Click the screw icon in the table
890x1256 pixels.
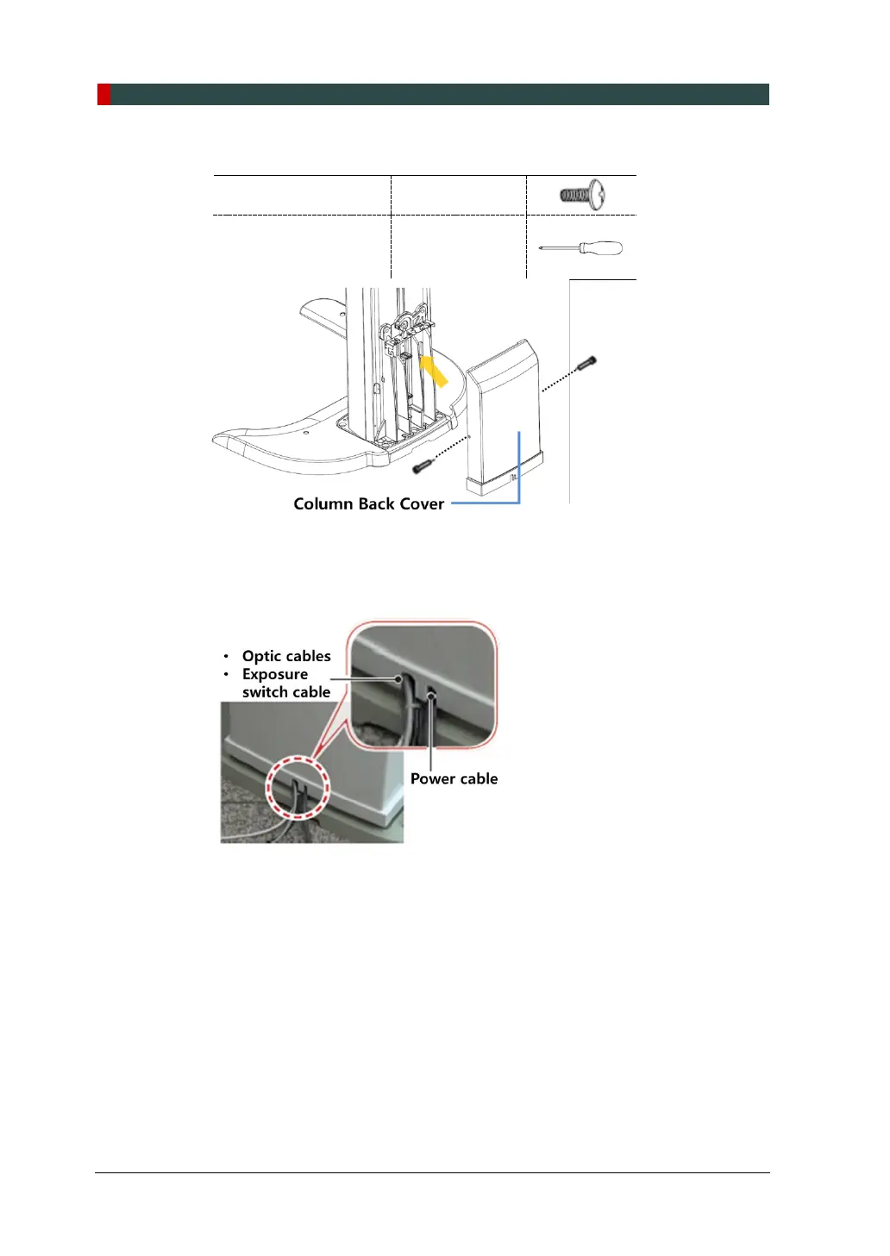point(582,195)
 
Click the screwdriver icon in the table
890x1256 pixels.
point(580,248)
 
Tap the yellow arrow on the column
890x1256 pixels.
point(434,371)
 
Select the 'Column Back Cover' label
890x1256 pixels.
point(368,504)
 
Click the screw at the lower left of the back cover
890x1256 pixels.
point(422,466)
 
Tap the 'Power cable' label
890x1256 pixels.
point(454,778)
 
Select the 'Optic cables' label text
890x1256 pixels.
point(286,656)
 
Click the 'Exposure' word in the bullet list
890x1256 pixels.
point(274,674)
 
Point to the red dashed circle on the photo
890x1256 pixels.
point(298,787)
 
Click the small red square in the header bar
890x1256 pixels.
point(103,94)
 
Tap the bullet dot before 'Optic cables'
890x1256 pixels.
point(226,657)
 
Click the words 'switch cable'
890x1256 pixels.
point(286,692)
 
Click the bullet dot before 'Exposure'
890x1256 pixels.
point(226,675)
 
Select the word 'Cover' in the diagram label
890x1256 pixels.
point(422,504)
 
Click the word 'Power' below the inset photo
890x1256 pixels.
point(433,778)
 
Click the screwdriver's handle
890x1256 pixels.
point(600,248)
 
